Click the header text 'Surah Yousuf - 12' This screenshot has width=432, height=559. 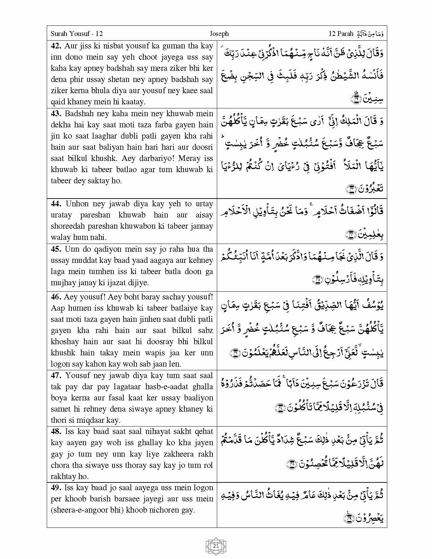[77, 34]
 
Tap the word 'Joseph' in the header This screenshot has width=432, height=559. [219, 34]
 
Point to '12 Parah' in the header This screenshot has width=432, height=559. [341, 34]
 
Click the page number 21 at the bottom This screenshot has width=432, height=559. [216, 546]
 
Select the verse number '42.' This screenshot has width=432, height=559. [56, 46]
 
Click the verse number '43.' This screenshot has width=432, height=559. [56, 113]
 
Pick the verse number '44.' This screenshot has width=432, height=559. [56, 204]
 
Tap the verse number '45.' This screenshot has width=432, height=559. [56, 249]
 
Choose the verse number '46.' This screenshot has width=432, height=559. [56, 297]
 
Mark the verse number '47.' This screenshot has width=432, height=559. [56, 375]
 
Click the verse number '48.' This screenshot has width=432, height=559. [56, 431]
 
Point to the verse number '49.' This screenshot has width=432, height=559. [56, 488]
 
